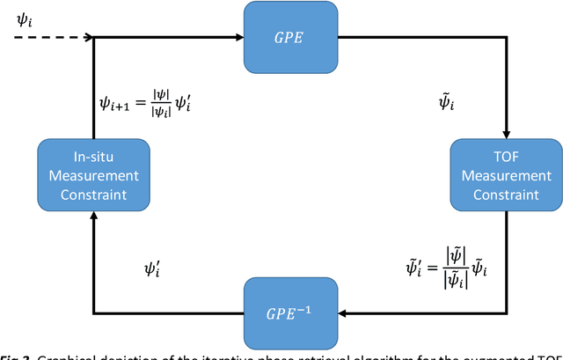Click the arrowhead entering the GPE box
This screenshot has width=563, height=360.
[x=238, y=38]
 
